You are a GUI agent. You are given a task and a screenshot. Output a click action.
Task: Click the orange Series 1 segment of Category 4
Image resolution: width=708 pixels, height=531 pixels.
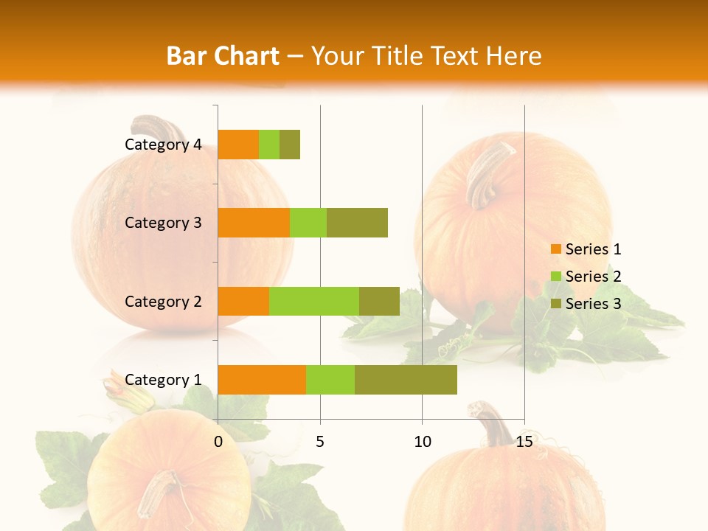pyautogui.click(x=238, y=145)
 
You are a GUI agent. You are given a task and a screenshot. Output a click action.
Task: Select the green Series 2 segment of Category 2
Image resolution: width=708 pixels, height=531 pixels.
pyautogui.click(x=314, y=301)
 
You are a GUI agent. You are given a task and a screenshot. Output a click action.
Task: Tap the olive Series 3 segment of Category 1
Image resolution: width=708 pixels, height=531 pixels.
pyautogui.click(x=406, y=380)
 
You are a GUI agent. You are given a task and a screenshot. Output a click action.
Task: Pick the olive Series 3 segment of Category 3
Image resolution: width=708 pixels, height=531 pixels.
pyautogui.click(x=357, y=223)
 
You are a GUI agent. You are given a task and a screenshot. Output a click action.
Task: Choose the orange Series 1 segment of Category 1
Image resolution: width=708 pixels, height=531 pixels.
pyautogui.click(x=262, y=380)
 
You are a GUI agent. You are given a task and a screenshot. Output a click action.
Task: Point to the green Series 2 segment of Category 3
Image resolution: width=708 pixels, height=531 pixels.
pyautogui.click(x=308, y=223)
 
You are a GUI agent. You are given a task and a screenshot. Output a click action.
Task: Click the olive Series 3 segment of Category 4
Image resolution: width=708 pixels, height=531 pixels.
pyautogui.click(x=290, y=145)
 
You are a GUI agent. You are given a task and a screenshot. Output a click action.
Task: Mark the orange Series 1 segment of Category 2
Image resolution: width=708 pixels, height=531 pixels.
pyautogui.click(x=243, y=301)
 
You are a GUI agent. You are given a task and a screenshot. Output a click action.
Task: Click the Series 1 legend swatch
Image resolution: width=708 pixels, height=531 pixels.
pyautogui.click(x=555, y=249)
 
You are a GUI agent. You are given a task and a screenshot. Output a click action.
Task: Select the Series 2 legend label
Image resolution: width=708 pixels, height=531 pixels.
pyautogui.click(x=593, y=277)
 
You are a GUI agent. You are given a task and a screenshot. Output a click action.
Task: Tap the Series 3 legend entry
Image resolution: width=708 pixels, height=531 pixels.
pyautogui.click(x=586, y=304)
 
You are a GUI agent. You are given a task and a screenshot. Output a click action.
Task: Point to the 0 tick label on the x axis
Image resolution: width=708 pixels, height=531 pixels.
pyautogui.click(x=218, y=442)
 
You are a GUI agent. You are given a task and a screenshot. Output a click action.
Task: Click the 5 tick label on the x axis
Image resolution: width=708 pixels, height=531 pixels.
pyautogui.click(x=320, y=442)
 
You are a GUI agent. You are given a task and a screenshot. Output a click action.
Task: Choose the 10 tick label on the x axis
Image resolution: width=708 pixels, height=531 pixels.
pyautogui.click(x=422, y=442)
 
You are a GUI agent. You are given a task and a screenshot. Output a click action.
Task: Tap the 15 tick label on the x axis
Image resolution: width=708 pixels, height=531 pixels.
pyautogui.click(x=524, y=442)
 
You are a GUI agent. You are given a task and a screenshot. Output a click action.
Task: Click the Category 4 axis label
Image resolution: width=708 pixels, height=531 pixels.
pyautogui.click(x=163, y=145)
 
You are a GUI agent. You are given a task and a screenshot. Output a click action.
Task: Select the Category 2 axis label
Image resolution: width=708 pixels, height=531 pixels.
pyautogui.click(x=163, y=301)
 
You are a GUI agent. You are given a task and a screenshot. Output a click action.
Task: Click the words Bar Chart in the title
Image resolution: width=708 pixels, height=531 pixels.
pyautogui.click(x=223, y=55)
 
